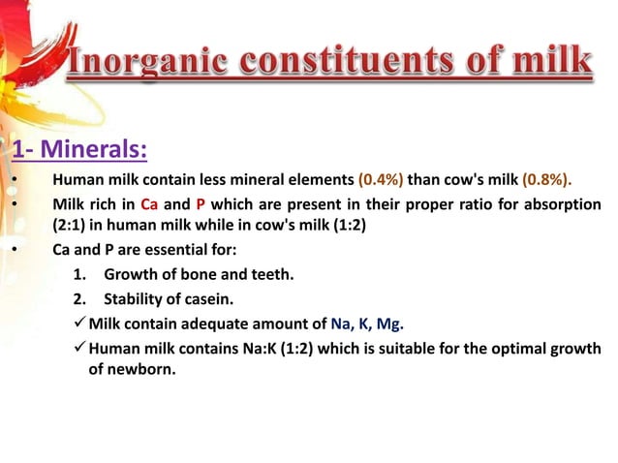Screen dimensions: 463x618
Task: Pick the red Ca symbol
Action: tap(148, 204)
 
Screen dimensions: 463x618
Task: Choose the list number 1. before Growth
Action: tap(80, 274)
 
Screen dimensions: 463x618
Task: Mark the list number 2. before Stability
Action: tap(80, 298)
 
